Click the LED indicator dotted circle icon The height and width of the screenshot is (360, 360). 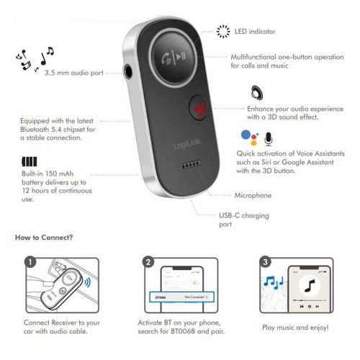pyautogui.click(x=223, y=31)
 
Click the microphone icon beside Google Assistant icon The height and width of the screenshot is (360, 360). pyautogui.click(x=269, y=138)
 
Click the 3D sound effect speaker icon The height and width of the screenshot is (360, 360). pyautogui.click(x=256, y=93)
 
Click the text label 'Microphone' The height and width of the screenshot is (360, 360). pyautogui.click(x=253, y=195)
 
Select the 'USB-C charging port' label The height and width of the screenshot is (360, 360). pyautogui.click(x=237, y=220)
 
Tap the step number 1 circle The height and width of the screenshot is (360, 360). pyautogui.click(x=30, y=263)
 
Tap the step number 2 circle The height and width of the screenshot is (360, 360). pyautogui.click(x=148, y=263)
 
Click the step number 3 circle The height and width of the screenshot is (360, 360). pyautogui.click(x=266, y=262)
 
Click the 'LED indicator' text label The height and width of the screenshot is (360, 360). pyautogui.click(x=255, y=32)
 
